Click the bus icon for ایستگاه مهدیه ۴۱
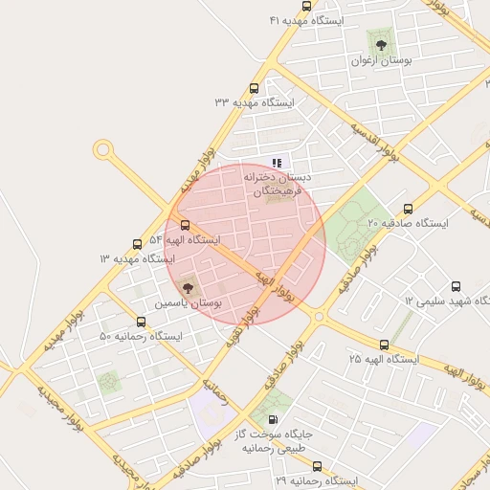click(333, 6)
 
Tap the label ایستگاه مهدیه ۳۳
click(254, 101)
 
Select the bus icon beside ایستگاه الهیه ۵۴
click(185, 225)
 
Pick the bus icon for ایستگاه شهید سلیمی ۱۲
click(455, 286)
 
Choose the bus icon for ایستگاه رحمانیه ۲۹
click(317, 466)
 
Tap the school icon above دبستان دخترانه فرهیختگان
click(278, 163)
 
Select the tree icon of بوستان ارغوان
click(380, 44)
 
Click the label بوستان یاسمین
click(189, 302)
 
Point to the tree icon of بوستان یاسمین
click(186, 285)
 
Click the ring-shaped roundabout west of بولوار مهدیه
click(102, 150)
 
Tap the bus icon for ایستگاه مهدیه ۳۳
click(254, 86)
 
